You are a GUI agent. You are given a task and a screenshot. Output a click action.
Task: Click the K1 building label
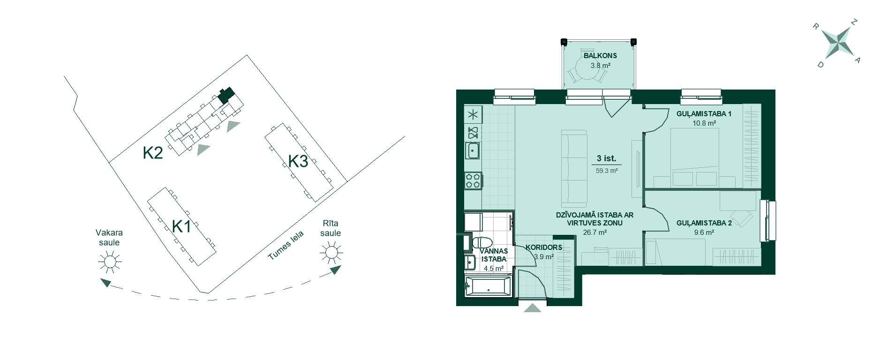tap(181, 227)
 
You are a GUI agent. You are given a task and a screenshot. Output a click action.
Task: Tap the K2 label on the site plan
tap(153, 153)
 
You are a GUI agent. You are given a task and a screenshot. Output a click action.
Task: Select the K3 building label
tap(298, 161)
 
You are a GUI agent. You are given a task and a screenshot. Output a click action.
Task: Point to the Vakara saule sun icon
tap(109, 261)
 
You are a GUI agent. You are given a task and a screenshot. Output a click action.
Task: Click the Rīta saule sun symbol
tap(331, 252)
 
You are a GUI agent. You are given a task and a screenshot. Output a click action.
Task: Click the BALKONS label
tap(600, 56)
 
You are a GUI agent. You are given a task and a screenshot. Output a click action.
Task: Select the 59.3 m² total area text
tap(607, 171)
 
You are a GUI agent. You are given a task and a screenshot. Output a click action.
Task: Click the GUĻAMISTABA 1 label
tap(704, 114)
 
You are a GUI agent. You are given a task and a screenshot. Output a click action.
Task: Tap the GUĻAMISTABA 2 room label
tap(704, 223)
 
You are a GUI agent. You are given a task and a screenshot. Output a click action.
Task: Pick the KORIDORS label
tap(544, 247)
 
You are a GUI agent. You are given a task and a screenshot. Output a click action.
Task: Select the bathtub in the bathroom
tap(488, 286)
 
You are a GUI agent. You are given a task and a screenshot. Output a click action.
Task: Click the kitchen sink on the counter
tap(473, 151)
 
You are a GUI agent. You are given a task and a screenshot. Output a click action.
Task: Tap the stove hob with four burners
tap(473, 180)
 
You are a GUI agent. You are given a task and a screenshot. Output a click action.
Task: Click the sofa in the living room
tap(574, 169)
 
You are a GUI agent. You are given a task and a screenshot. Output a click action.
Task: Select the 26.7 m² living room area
tap(595, 232)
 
